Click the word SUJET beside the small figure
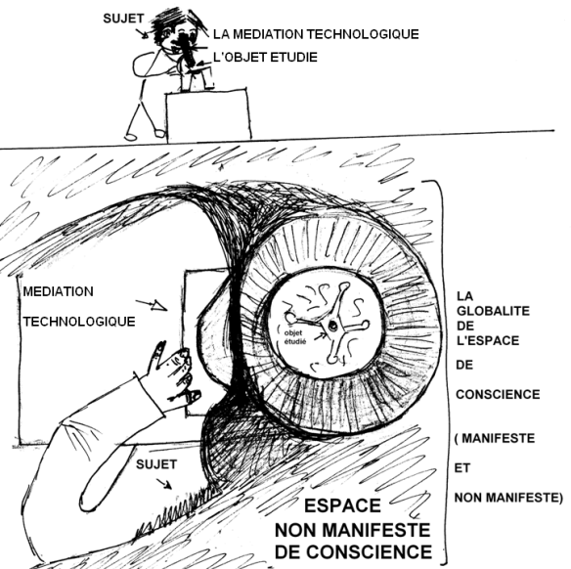pyautogui.click(x=123, y=19)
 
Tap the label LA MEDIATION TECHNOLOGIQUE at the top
pyautogui.click(x=316, y=34)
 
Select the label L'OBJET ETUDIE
pyautogui.click(x=265, y=57)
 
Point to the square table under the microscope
pyautogui.click(x=208, y=115)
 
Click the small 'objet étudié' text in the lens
pyautogui.click(x=295, y=337)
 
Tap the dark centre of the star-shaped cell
pyautogui.click(x=332, y=326)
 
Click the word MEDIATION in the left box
pyautogui.click(x=59, y=291)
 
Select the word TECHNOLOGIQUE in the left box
pyautogui.click(x=79, y=322)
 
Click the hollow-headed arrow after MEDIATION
pyautogui.click(x=152, y=305)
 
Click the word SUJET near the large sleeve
pyautogui.click(x=156, y=464)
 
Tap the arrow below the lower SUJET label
pyautogui.click(x=164, y=484)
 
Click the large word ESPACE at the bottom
pyautogui.click(x=342, y=505)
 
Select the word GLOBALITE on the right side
pyautogui.click(x=493, y=311)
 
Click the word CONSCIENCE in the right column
pyautogui.click(x=498, y=395)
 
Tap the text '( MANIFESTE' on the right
pyautogui.click(x=495, y=438)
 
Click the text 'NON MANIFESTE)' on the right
pyautogui.click(x=508, y=498)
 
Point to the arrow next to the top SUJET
pyautogui.click(x=142, y=33)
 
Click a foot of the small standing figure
pyautogui.click(x=130, y=137)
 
